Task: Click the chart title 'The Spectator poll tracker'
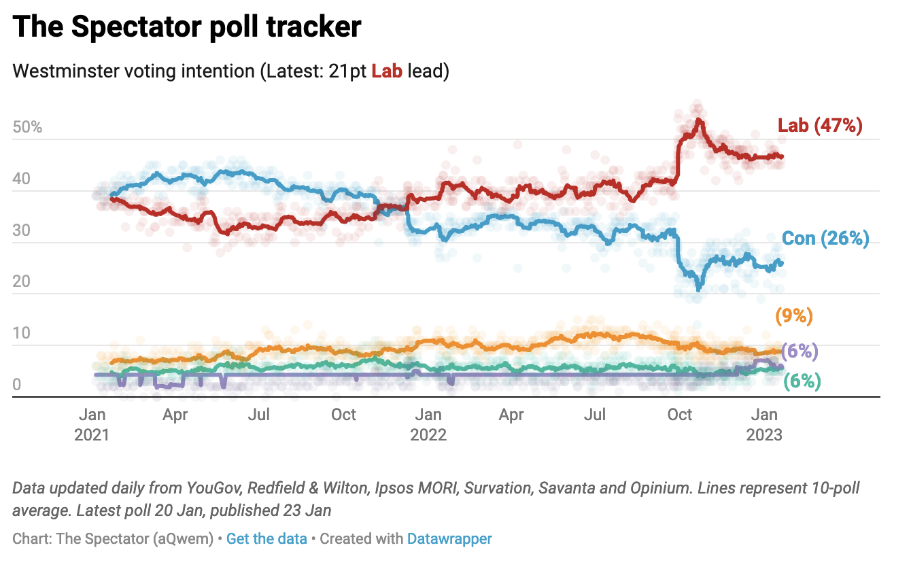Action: coord(187,27)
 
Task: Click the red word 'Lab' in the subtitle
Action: coord(387,71)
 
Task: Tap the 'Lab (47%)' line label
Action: coord(820,126)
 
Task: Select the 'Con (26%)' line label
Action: coord(825,239)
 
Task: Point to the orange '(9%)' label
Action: coord(794,316)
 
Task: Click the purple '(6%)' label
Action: coord(800,351)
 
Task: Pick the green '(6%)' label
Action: coord(802,381)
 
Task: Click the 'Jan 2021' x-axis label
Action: coord(92,424)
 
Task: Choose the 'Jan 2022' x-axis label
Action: coord(428,424)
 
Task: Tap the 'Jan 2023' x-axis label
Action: coord(764,424)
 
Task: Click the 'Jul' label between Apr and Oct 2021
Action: coord(260,415)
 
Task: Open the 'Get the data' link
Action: coord(267,539)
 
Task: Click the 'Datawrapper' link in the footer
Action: coord(449,539)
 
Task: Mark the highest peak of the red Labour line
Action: coord(698,120)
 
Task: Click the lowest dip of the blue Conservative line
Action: coord(698,289)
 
